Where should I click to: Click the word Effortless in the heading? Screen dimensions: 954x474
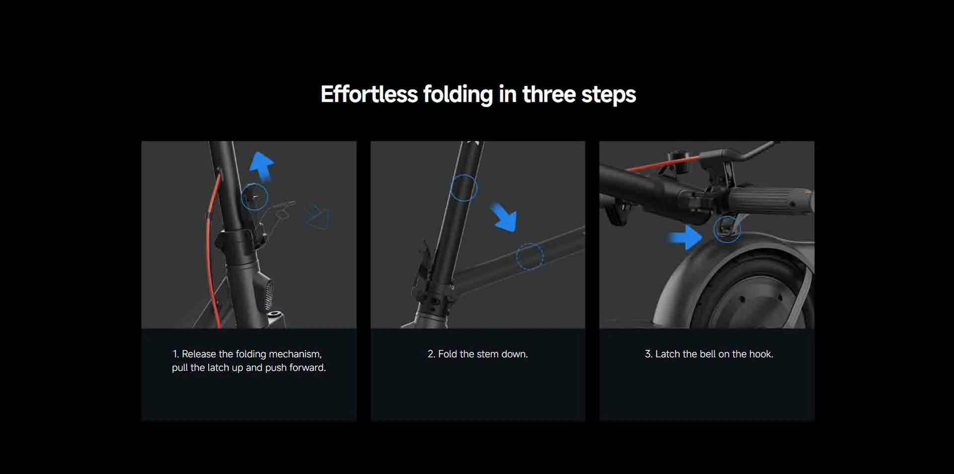[369, 94]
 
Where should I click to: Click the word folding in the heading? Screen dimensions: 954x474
[458, 95]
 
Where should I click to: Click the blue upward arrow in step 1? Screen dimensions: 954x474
[262, 166]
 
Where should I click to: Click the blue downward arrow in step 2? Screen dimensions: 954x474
[504, 217]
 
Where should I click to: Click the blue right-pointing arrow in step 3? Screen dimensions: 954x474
[685, 237]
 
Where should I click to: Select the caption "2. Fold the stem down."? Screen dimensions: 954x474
[477, 354]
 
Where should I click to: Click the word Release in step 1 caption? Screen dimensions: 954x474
[199, 354]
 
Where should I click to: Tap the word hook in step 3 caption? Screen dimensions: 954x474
[761, 354]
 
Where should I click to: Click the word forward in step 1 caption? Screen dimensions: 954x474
[308, 368]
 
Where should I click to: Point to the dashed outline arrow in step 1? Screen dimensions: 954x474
[317, 217]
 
